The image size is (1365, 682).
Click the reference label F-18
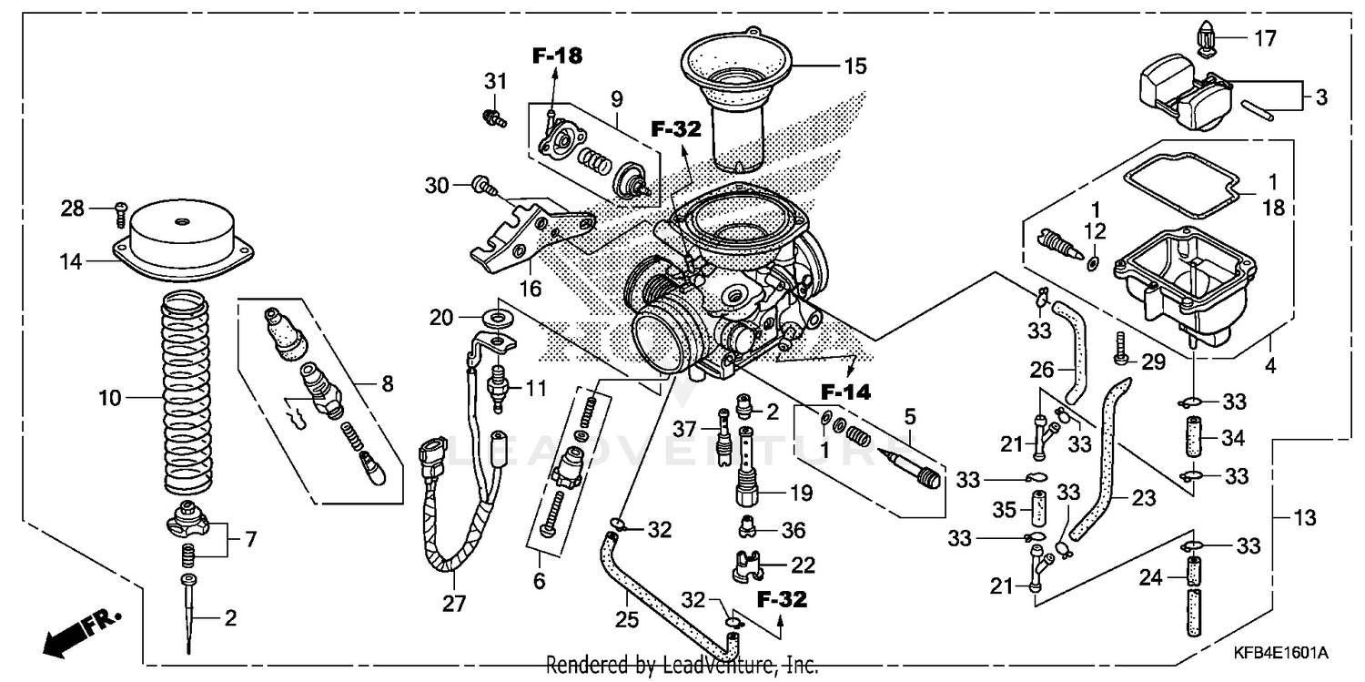click(x=556, y=56)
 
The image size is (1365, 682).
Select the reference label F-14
click(x=845, y=392)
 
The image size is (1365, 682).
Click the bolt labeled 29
click(x=1122, y=350)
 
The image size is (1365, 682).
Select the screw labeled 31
click(x=494, y=116)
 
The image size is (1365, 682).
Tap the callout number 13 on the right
click(x=1305, y=518)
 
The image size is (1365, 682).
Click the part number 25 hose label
click(x=627, y=620)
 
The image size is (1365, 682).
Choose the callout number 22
click(x=802, y=565)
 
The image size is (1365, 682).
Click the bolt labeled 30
click(x=483, y=188)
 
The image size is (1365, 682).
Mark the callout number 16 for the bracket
click(x=530, y=290)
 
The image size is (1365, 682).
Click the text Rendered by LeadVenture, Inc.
click(x=682, y=665)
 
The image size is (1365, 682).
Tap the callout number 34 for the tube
click(x=1232, y=439)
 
